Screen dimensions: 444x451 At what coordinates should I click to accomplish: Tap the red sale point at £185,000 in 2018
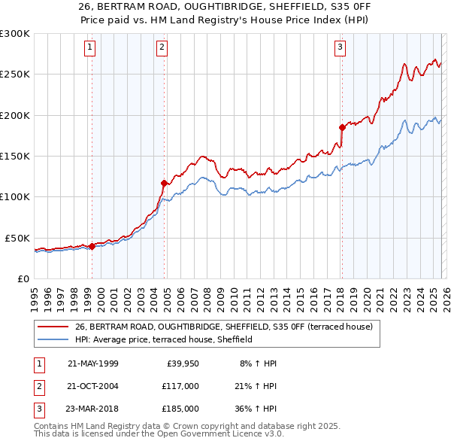tap(342, 127)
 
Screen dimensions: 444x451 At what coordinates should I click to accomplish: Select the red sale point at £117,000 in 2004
tap(164, 182)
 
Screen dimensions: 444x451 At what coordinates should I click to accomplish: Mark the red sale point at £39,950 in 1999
tap(92, 245)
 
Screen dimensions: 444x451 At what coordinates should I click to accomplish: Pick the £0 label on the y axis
tap(23, 278)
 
